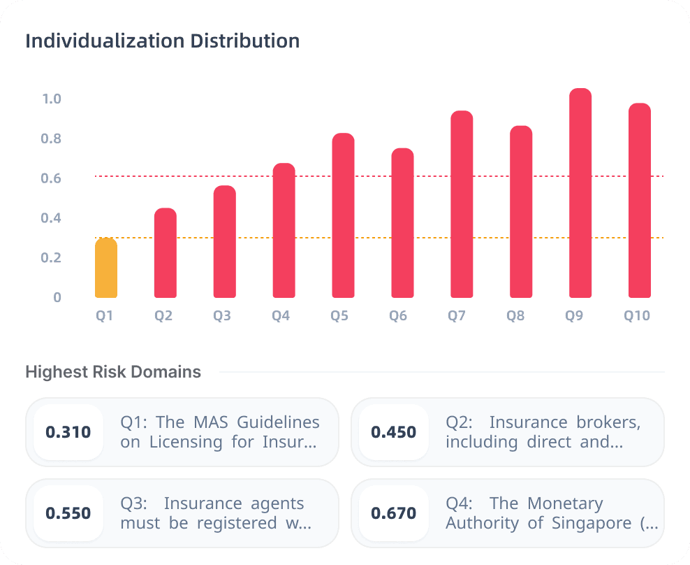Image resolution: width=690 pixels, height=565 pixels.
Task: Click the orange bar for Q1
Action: click(106, 268)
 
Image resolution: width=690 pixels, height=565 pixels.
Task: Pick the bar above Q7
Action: click(462, 204)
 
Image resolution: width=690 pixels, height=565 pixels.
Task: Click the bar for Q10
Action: click(640, 201)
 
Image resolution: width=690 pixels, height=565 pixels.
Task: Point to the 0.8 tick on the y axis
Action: click(52, 138)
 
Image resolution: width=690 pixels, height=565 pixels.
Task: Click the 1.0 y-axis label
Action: click(52, 99)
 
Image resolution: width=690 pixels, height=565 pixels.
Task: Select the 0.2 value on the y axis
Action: click(52, 257)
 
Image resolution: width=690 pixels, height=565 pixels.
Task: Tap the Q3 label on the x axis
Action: click(222, 316)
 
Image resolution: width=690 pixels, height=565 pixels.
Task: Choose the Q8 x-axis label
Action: click(515, 316)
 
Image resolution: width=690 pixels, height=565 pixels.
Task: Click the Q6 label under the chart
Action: click(398, 316)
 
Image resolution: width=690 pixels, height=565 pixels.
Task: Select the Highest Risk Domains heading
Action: click(113, 372)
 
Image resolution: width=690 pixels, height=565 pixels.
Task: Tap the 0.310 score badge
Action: click(68, 432)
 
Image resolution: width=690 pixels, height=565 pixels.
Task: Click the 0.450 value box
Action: click(394, 432)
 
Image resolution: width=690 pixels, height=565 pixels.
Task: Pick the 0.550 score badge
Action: click(68, 513)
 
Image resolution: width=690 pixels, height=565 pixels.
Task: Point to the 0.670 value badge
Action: click(394, 513)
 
